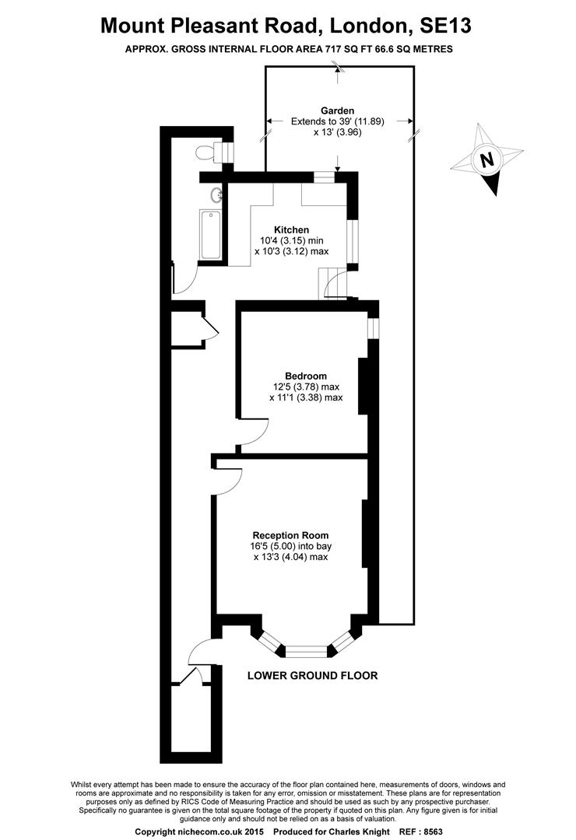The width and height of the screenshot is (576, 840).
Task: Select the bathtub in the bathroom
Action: (x=210, y=234)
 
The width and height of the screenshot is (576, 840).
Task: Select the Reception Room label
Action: (x=290, y=535)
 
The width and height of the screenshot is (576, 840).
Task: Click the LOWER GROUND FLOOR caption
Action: (x=312, y=675)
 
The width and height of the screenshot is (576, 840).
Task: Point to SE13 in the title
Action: (x=445, y=25)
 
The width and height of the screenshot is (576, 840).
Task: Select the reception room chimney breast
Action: (x=364, y=533)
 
